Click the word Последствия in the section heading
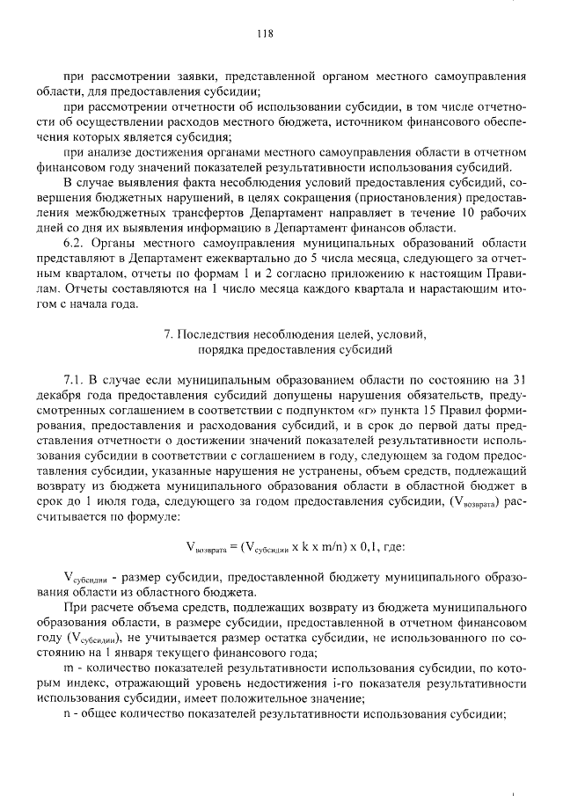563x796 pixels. (x=218, y=334)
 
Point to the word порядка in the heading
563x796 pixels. (x=223, y=349)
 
